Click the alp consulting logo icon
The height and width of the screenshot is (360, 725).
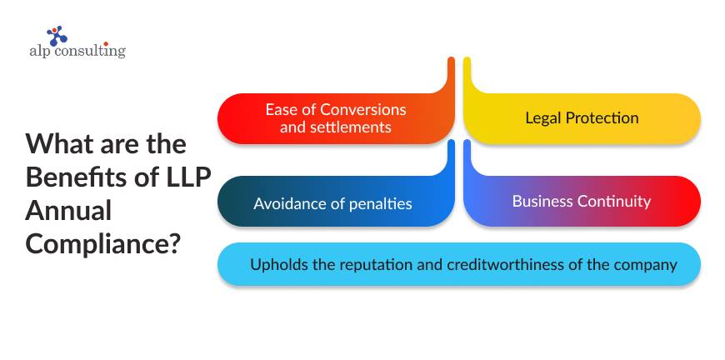(57, 35)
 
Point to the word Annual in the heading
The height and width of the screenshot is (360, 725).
(68, 211)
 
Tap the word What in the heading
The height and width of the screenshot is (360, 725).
(57, 142)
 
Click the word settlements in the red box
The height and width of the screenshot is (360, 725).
(354, 127)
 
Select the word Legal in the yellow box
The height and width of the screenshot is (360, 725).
(543, 117)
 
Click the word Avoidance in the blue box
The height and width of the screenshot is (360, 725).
(290, 203)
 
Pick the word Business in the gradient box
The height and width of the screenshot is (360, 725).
(542, 201)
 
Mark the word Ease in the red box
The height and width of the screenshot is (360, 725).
(282, 110)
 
